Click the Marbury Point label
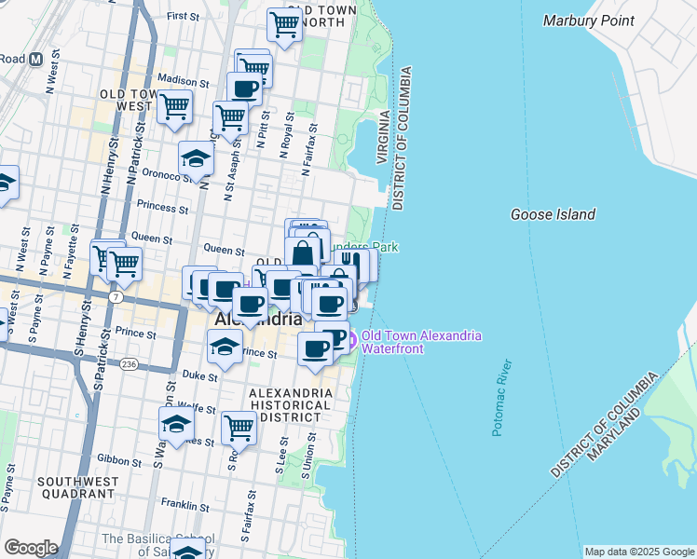click(x=588, y=20)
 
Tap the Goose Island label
click(x=553, y=214)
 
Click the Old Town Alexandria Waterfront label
click(x=421, y=342)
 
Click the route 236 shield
click(x=130, y=364)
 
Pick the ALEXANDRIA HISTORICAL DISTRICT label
click(x=291, y=405)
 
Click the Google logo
click(x=31, y=548)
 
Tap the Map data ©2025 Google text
click(x=638, y=552)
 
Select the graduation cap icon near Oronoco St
click(x=197, y=158)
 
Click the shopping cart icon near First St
click(x=284, y=25)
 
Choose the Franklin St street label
click(x=183, y=506)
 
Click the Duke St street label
click(x=199, y=377)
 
